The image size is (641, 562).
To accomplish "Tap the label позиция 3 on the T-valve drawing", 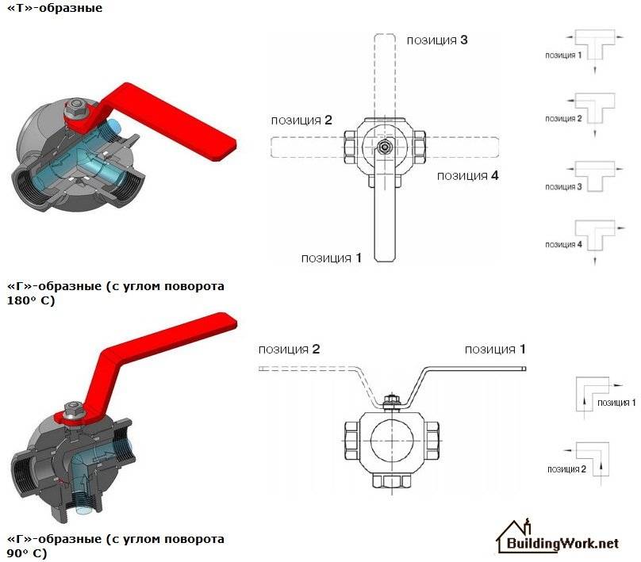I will click(437, 39).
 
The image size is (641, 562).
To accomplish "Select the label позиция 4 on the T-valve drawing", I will click(468, 175).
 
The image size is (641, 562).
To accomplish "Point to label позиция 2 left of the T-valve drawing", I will click(301, 120).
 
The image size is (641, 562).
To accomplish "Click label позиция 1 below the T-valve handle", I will click(332, 258).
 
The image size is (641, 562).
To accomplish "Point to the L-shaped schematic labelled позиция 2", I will click(589, 457).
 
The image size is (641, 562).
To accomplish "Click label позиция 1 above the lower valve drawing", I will click(495, 349).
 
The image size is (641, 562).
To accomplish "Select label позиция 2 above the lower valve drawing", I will click(289, 349).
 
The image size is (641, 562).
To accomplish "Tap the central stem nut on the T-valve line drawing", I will click(384, 147).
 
